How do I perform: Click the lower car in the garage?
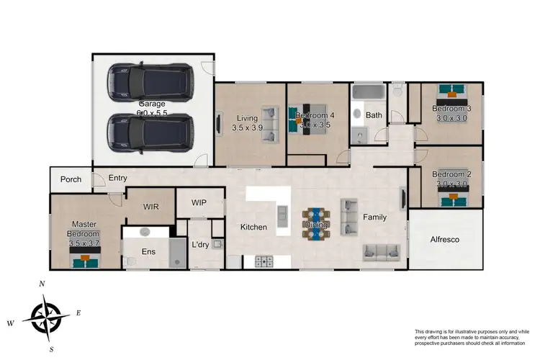[x=150, y=134]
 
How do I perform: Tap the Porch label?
[x=70, y=179]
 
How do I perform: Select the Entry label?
[x=117, y=178]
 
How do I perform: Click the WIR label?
[x=150, y=207]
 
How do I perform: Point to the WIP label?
[x=199, y=203]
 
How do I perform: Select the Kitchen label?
[x=253, y=228]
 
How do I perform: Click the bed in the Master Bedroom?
[x=84, y=256]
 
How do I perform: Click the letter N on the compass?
[x=42, y=284]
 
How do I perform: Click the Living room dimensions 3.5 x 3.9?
[x=248, y=127]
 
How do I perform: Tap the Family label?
[x=374, y=217]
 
